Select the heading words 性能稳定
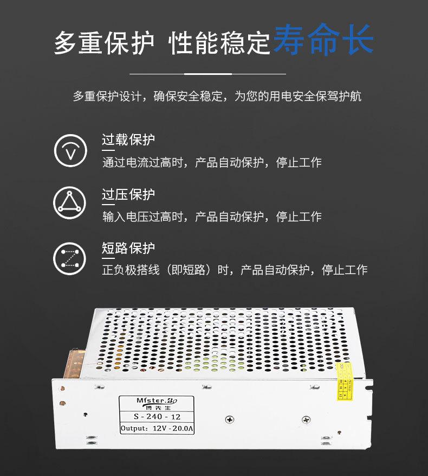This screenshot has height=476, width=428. (219, 43)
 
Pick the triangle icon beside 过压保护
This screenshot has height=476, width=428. (70, 203)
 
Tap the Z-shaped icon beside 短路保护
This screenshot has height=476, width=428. (70, 258)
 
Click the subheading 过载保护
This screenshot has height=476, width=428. (128, 140)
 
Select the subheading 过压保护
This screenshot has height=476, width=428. (128, 194)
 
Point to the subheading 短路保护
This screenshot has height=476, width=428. (128, 249)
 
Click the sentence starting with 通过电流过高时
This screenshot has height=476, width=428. (212, 162)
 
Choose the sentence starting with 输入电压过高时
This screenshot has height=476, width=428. (212, 217)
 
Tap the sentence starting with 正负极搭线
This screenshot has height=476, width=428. (235, 270)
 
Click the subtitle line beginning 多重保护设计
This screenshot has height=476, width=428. (217, 97)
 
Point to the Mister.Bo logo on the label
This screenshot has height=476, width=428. (154, 400)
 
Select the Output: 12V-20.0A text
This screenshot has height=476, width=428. (157, 429)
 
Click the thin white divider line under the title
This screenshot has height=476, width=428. (208, 73)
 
